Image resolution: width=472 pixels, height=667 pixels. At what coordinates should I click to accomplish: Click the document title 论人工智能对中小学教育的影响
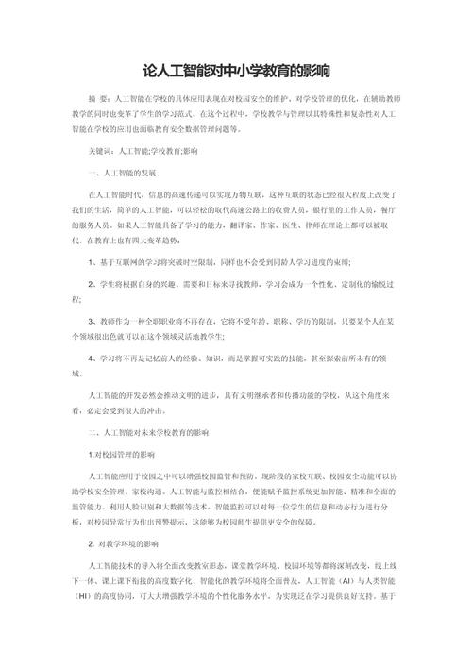(x=236, y=72)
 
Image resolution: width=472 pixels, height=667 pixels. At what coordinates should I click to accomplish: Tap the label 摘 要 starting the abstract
(x=94, y=97)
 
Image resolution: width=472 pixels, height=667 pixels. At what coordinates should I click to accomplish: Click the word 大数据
(x=182, y=505)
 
